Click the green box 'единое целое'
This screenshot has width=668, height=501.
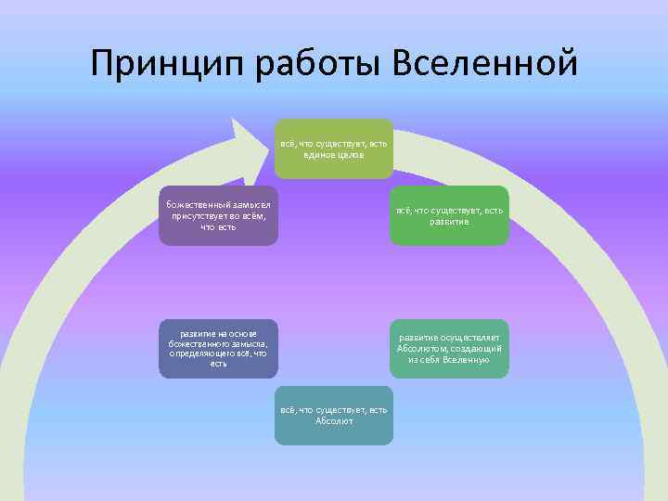click(333, 148)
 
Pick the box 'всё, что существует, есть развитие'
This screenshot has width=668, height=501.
click(449, 215)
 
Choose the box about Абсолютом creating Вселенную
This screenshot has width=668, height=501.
click(449, 348)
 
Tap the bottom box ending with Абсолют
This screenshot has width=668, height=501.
click(333, 415)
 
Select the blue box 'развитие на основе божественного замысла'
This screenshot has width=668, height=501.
click(218, 348)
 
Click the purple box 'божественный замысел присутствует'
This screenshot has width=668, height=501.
click(218, 215)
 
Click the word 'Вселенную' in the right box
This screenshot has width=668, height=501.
click(466, 359)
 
